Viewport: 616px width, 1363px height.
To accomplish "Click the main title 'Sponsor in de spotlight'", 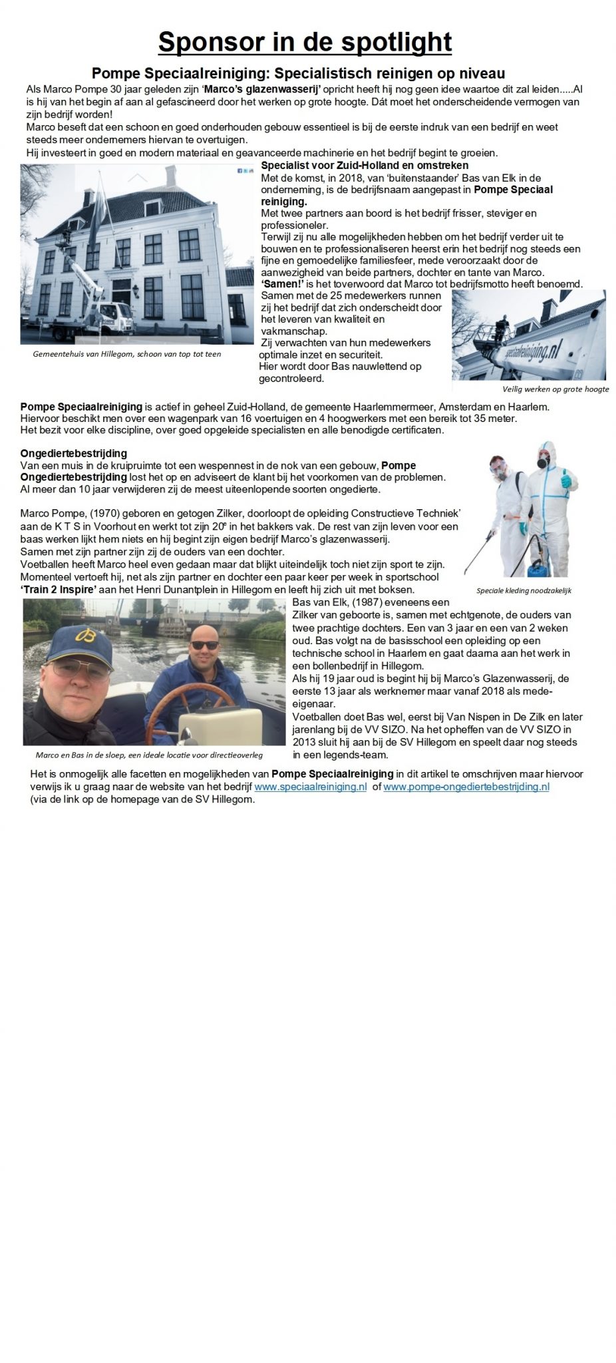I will pos(305,42).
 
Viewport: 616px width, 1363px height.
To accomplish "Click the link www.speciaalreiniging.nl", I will pos(311,786).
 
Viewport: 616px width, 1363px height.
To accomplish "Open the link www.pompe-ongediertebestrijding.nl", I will pos(466,786).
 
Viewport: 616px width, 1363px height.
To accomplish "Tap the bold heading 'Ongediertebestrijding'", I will pos(73,454).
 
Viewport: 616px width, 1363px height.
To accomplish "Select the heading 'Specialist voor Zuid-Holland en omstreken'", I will pos(365,165).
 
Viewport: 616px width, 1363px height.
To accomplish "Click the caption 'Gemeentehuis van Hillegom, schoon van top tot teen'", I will pos(126,354).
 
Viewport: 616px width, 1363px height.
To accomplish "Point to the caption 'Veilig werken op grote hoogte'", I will pos(555,389).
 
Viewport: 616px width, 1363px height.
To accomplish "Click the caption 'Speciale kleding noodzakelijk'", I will pos(524,590).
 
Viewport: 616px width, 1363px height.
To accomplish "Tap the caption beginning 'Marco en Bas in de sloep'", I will pos(149,755).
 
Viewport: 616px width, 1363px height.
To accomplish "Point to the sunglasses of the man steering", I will pos(203,645).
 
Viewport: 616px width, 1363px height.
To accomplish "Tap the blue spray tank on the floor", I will pos(537,567).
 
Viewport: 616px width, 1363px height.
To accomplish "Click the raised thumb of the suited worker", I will pos(566,474).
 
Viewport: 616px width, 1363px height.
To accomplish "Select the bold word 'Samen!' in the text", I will pos(279,284).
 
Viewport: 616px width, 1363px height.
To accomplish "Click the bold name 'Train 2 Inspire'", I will pos(56,590).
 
